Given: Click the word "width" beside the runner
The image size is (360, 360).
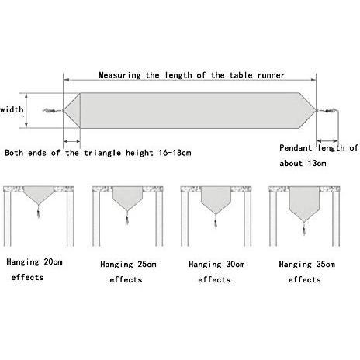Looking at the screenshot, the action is point(12,109).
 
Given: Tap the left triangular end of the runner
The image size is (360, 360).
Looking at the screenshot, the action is point(74,111).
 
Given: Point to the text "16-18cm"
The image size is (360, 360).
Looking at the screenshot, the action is point(175,153).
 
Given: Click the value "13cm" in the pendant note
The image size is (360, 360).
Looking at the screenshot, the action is point(317,164).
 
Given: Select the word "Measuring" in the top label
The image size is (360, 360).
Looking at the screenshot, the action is point(119,75).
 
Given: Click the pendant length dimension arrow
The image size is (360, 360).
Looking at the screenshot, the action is point(327,141).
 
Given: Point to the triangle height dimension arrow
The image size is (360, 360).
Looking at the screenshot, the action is point(71,141).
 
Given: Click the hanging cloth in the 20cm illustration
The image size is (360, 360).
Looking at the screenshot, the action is point(39,196).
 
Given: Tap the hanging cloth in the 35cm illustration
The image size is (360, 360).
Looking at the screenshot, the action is point(304,204).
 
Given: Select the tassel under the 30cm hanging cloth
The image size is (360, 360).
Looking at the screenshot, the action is point(216,221).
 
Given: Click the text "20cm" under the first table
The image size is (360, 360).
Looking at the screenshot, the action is point(54,262).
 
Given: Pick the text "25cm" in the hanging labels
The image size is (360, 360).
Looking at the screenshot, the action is point(147,265).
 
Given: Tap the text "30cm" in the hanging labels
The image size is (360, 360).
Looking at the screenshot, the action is point(235,265).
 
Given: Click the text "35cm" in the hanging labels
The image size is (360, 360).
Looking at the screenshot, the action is point(326,265).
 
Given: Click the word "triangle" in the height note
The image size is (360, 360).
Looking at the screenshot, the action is point(102,153).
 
